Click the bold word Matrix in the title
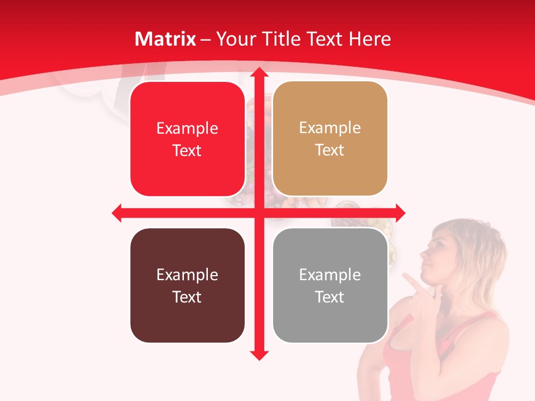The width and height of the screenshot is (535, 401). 166,39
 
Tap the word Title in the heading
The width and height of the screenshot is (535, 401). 283,39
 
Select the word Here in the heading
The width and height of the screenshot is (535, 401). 370,39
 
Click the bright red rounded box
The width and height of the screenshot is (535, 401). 187,139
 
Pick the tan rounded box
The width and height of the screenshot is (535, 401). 330,139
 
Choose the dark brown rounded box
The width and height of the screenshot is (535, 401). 187,286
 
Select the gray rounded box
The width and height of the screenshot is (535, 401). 330,286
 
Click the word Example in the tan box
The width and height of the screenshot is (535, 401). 330,128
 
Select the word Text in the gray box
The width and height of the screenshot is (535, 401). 330,297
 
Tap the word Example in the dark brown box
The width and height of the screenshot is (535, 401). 187,275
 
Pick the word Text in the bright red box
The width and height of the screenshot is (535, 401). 187,150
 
